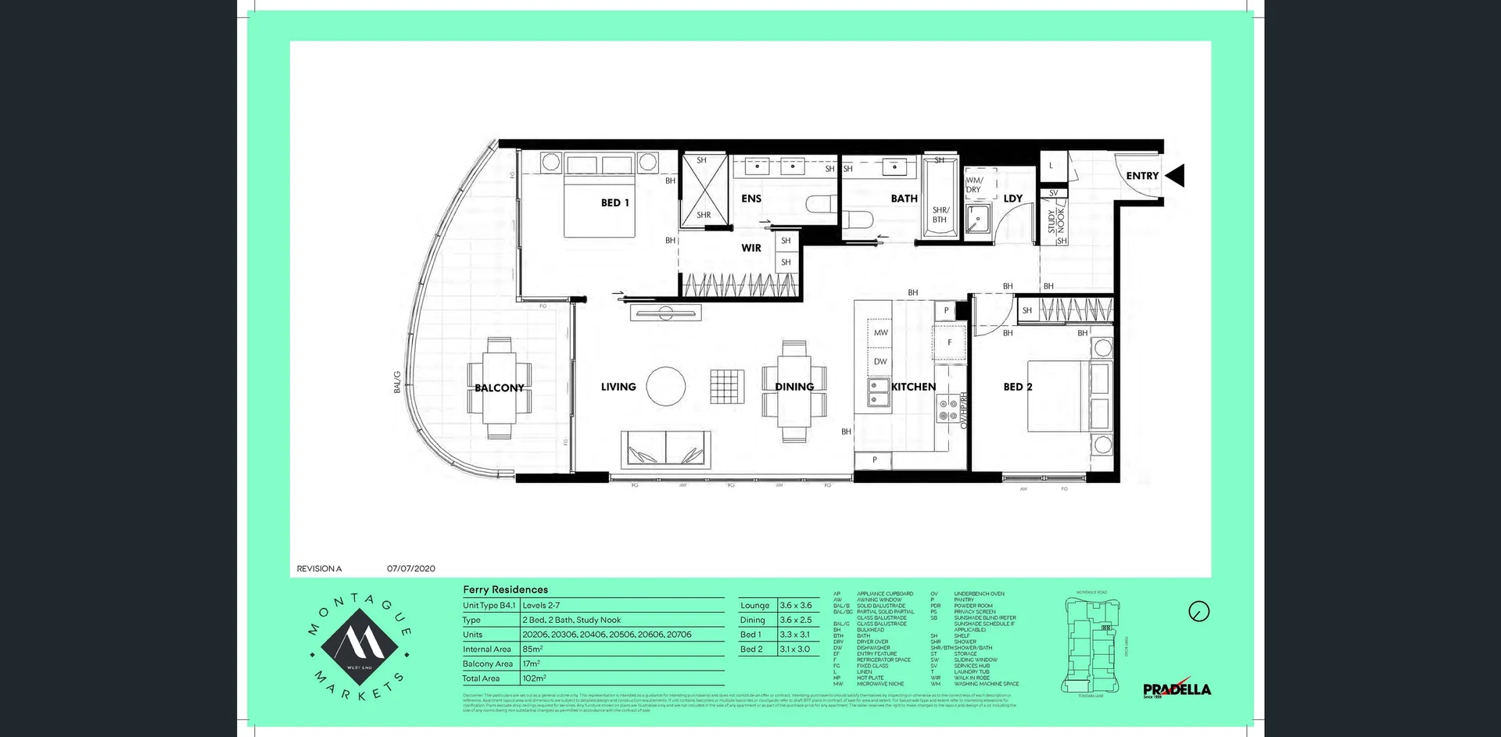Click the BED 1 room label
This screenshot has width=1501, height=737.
click(614, 202)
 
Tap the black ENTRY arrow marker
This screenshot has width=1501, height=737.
click(1175, 176)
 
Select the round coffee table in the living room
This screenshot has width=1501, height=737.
click(666, 386)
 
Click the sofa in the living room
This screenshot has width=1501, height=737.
click(666, 449)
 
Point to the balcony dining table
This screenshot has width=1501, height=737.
click(500, 388)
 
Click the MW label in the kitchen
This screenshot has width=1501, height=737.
click(881, 332)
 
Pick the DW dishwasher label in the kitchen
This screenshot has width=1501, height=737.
click(881, 361)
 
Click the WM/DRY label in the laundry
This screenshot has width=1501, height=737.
click(974, 185)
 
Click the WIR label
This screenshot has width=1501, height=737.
click(750, 248)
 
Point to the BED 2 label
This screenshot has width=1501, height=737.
click(1018, 387)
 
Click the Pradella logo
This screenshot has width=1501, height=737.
click(1177, 689)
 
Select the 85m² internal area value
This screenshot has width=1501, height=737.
click(532, 649)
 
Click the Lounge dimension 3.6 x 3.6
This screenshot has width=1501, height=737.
click(795, 605)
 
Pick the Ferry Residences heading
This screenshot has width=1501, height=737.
click(505, 589)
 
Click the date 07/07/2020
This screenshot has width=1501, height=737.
click(410, 568)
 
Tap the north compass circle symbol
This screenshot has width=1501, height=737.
click(1198, 611)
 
